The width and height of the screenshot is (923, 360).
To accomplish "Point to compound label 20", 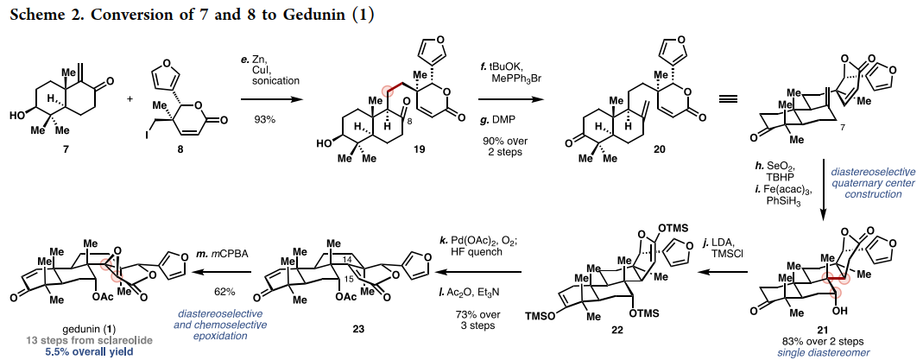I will pos(636,148).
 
